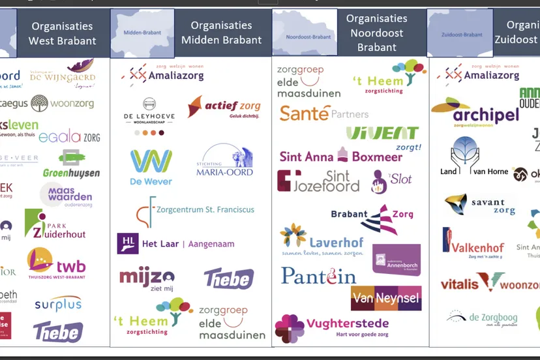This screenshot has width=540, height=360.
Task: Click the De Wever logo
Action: pyautogui.click(x=151, y=167)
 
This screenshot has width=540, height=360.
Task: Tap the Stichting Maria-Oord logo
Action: pyautogui.click(x=224, y=160)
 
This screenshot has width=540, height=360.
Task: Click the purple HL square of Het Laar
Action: pyautogui.click(x=127, y=243)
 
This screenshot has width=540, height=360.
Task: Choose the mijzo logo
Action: pyautogui.click(x=147, y=279)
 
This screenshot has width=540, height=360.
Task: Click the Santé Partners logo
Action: pyautogui.click(x=323, y=113)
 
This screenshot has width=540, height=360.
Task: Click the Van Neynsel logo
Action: pyautogui.click(x=386, y=299)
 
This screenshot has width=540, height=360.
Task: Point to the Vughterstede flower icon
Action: pyautogui.click(x=289, y=328)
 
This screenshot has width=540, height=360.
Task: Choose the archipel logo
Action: pyautogui.click(x=475, y=113)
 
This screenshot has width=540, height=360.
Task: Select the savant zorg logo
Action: pyautogui.click(x=480, y=205)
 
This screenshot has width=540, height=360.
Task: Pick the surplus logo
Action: pyautogui.click(x=58, y=304)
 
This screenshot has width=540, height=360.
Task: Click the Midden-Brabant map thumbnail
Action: pyautogui.click(x=142, y=33)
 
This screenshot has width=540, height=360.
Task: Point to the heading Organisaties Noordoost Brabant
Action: pyautogui.click(x=376, y=33)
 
